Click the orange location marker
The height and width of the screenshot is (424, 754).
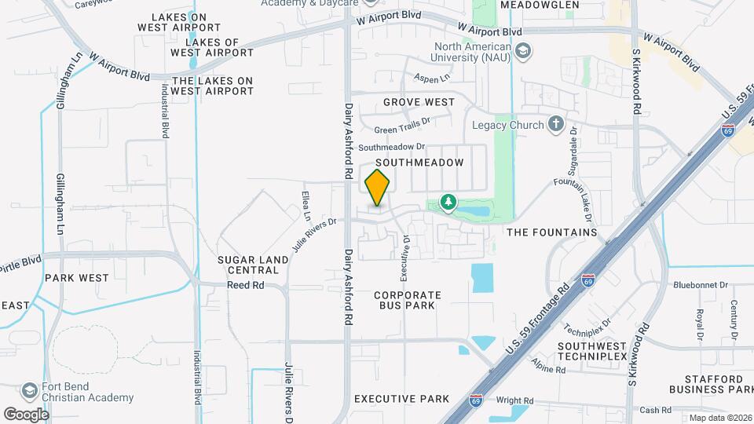[378, 188]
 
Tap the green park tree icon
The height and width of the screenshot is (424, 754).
[448, 203]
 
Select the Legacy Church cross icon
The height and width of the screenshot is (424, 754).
[555, 124]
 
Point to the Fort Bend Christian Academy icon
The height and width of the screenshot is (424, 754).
[30, 391]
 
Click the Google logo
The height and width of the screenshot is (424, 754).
[26, 413]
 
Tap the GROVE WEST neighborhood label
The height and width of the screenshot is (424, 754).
[419, 102]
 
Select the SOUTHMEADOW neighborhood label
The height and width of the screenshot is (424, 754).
[423, 162]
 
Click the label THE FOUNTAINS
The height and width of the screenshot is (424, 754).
[552, 232]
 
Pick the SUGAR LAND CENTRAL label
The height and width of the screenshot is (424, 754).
[248, 265]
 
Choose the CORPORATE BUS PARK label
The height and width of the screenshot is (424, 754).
[408, 301]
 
